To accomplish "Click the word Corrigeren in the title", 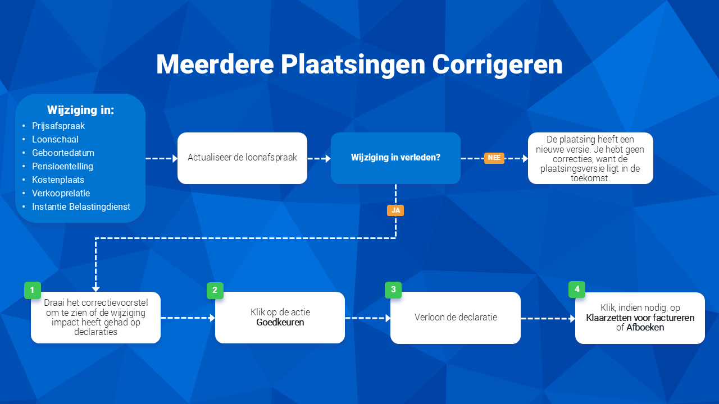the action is pyautogui.click(x=497, y=65).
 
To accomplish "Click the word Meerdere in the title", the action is pyautogui.click(x=215, y=65).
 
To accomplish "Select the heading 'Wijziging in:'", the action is pyautogui.click(x=80, y=110).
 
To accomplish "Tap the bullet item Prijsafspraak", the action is pyautogui.click(x=58, y=126).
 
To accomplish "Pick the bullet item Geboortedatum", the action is pyautogui.click(x=63, y=153).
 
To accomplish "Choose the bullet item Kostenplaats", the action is pyautogui.click(x=58, y=180).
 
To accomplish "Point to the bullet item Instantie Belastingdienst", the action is pyautogui.click(x=81, y=207).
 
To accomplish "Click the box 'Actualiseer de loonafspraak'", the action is pyautogui.click(x=242, y=158).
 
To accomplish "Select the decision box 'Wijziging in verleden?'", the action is pyautogui.click(x=396, y=158).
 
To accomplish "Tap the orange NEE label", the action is pyautogui.click(x=494, y=158).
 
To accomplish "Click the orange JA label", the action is pyautogui.click(x=395, y=210).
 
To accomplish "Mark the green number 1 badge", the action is pyautogui.click(x=33, y=290).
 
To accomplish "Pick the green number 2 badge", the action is pyautogui.click(x=215, y=291).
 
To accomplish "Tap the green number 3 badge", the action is pyautogui.click(x=393, y=290).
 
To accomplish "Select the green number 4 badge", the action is pyautogui.click(x=577, y=289).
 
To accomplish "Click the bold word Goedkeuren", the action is pyautogui.click(x=280, y=322).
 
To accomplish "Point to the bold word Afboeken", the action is pyautogui.click(x=645, y=327).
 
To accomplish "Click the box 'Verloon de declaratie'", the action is pyautogui.click(x=456, y=318).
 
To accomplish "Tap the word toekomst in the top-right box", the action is pyautogui.click(x=590, y=178).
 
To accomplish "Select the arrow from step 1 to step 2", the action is pyautogui.click(x=188, y=318).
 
